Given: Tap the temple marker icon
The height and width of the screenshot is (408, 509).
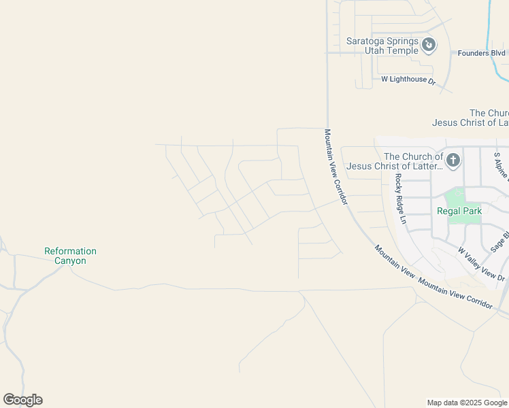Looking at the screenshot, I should (x=429, y=46).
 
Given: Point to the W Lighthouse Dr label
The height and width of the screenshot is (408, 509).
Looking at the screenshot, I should (x=408, y=80).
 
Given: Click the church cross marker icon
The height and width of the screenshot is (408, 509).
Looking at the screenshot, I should (x=453, y=161).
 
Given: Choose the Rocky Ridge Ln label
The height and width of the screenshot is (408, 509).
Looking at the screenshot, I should (x=400, y=199).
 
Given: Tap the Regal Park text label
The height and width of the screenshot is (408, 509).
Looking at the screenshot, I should (x=459, y=211).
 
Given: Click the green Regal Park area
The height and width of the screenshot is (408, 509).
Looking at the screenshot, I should (x=456, y=197).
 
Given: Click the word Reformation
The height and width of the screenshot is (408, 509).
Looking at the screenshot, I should (x=70, y=251).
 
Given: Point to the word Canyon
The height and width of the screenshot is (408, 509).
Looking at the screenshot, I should (x=70, y=260).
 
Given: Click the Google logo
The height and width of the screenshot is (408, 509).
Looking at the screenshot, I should (x=22, y=400).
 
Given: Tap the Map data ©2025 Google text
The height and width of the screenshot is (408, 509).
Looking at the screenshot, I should (x=466, y=403).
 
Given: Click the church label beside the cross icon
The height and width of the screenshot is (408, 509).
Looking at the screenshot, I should (x=395, y=161).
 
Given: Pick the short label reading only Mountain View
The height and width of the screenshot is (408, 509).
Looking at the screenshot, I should (x=395, y=260).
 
